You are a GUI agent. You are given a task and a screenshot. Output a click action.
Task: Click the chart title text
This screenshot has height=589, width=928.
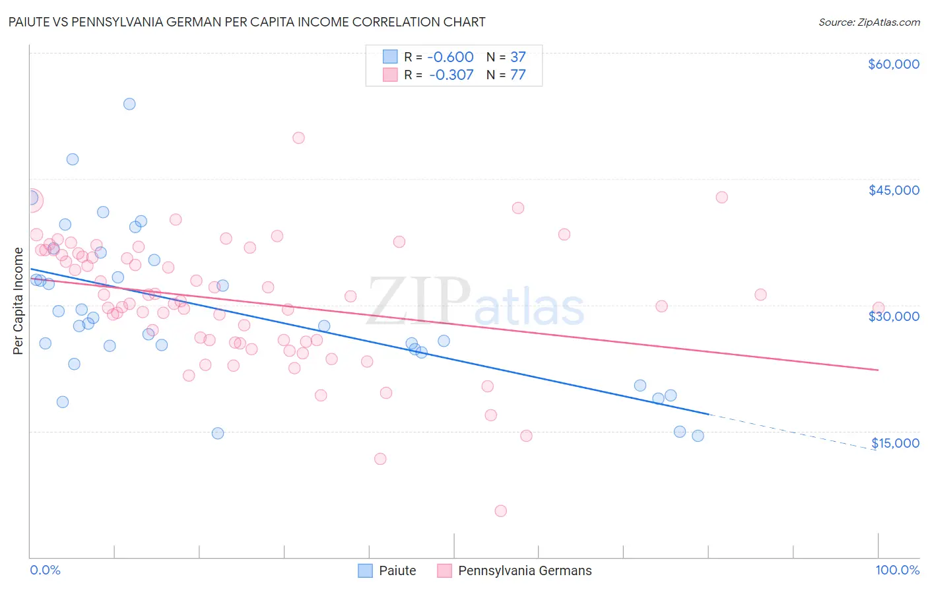pos(247,22)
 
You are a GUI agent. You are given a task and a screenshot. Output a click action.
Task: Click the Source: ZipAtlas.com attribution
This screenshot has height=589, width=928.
pos(869,22)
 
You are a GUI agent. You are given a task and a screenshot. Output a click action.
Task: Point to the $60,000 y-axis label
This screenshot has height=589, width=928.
pos(893,64)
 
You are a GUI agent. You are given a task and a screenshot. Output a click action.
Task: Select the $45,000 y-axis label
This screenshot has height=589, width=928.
pos(893,190)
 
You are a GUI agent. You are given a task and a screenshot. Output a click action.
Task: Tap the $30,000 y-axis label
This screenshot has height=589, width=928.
pos(893,316)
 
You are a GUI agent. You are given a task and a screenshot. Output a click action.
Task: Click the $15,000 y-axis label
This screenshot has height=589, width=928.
pos(894,443)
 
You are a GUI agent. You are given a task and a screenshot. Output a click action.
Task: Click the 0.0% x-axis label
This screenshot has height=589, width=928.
pos(45,570)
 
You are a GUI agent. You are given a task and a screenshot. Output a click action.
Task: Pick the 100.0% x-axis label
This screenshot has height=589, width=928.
pos(897,570)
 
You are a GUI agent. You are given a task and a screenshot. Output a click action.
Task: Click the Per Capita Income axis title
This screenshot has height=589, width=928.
pos(18,301)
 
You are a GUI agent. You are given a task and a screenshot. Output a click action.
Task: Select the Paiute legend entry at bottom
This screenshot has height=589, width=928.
pos(387,571)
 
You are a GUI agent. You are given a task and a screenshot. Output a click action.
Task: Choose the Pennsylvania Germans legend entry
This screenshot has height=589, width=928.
pos(515,571)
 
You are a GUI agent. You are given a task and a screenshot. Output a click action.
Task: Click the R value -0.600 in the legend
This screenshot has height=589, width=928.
pos(451,57)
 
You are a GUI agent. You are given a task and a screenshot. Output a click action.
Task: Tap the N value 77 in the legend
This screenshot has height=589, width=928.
pos(517,75)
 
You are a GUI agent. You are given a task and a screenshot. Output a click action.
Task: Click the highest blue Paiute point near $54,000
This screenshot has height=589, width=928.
pos(129,104)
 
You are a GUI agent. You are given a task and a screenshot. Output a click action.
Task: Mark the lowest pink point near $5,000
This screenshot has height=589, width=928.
pos(500,510)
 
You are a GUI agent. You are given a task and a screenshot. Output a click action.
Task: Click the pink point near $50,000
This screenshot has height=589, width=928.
pos(298,138)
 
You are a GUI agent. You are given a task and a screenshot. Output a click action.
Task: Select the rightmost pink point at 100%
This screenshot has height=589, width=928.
pos(878,308)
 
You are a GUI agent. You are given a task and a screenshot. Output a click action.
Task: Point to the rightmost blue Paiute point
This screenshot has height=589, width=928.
pos(698,436)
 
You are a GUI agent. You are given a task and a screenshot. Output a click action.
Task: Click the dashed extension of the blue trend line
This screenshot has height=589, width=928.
pos(792,431)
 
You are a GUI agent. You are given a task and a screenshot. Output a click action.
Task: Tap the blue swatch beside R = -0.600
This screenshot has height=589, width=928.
pos(390,57)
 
